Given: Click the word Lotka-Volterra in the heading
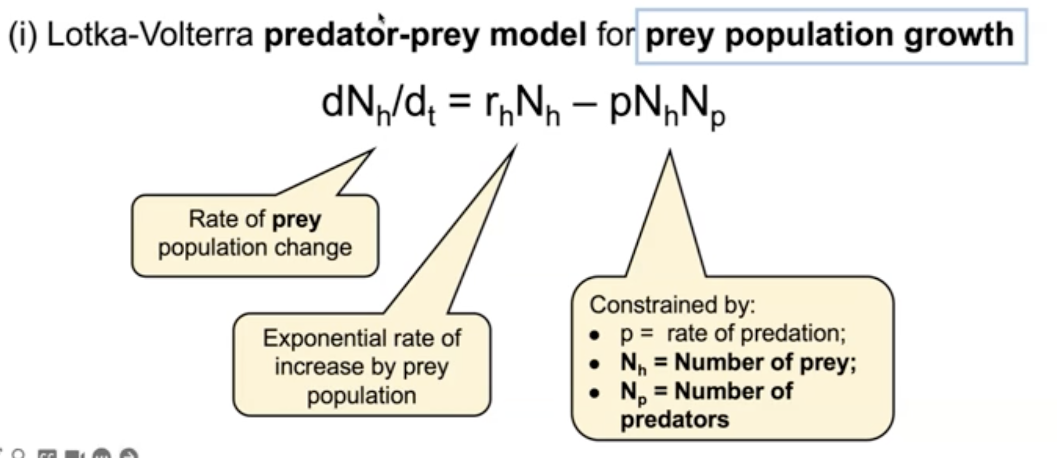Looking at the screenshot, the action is (x=150, y=35).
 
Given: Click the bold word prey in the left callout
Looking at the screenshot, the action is (x=297, y=219).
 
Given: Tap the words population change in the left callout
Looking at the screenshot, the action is (x=255, y=248).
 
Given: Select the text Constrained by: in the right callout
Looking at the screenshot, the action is (x=672, y=305).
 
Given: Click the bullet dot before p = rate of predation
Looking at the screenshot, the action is (x=594, y=335).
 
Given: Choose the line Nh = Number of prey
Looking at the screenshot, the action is (x=738, y=363).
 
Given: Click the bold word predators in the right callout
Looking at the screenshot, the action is (x=674, y=419).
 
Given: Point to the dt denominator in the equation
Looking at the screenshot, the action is (x=420, y=106).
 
